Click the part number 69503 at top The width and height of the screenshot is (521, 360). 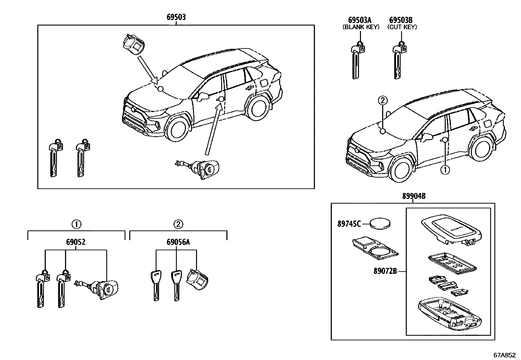tap(176, 17)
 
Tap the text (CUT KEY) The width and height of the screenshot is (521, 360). tap(402, 27)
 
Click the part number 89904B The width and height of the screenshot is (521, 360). tap(414, 196)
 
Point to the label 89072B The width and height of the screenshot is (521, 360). tap(385, 271)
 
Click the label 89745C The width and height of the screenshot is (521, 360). tap(349, 224)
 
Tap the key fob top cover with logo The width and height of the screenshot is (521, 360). tap(452, 231)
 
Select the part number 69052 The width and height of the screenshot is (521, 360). tap(76, 242)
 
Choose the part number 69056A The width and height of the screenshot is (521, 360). tap(178, 242)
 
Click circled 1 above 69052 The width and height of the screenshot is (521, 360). tap(76, 224)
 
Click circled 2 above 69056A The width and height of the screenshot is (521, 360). tap(178, 224)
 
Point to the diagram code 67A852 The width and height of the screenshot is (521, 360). tap(504, 355)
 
